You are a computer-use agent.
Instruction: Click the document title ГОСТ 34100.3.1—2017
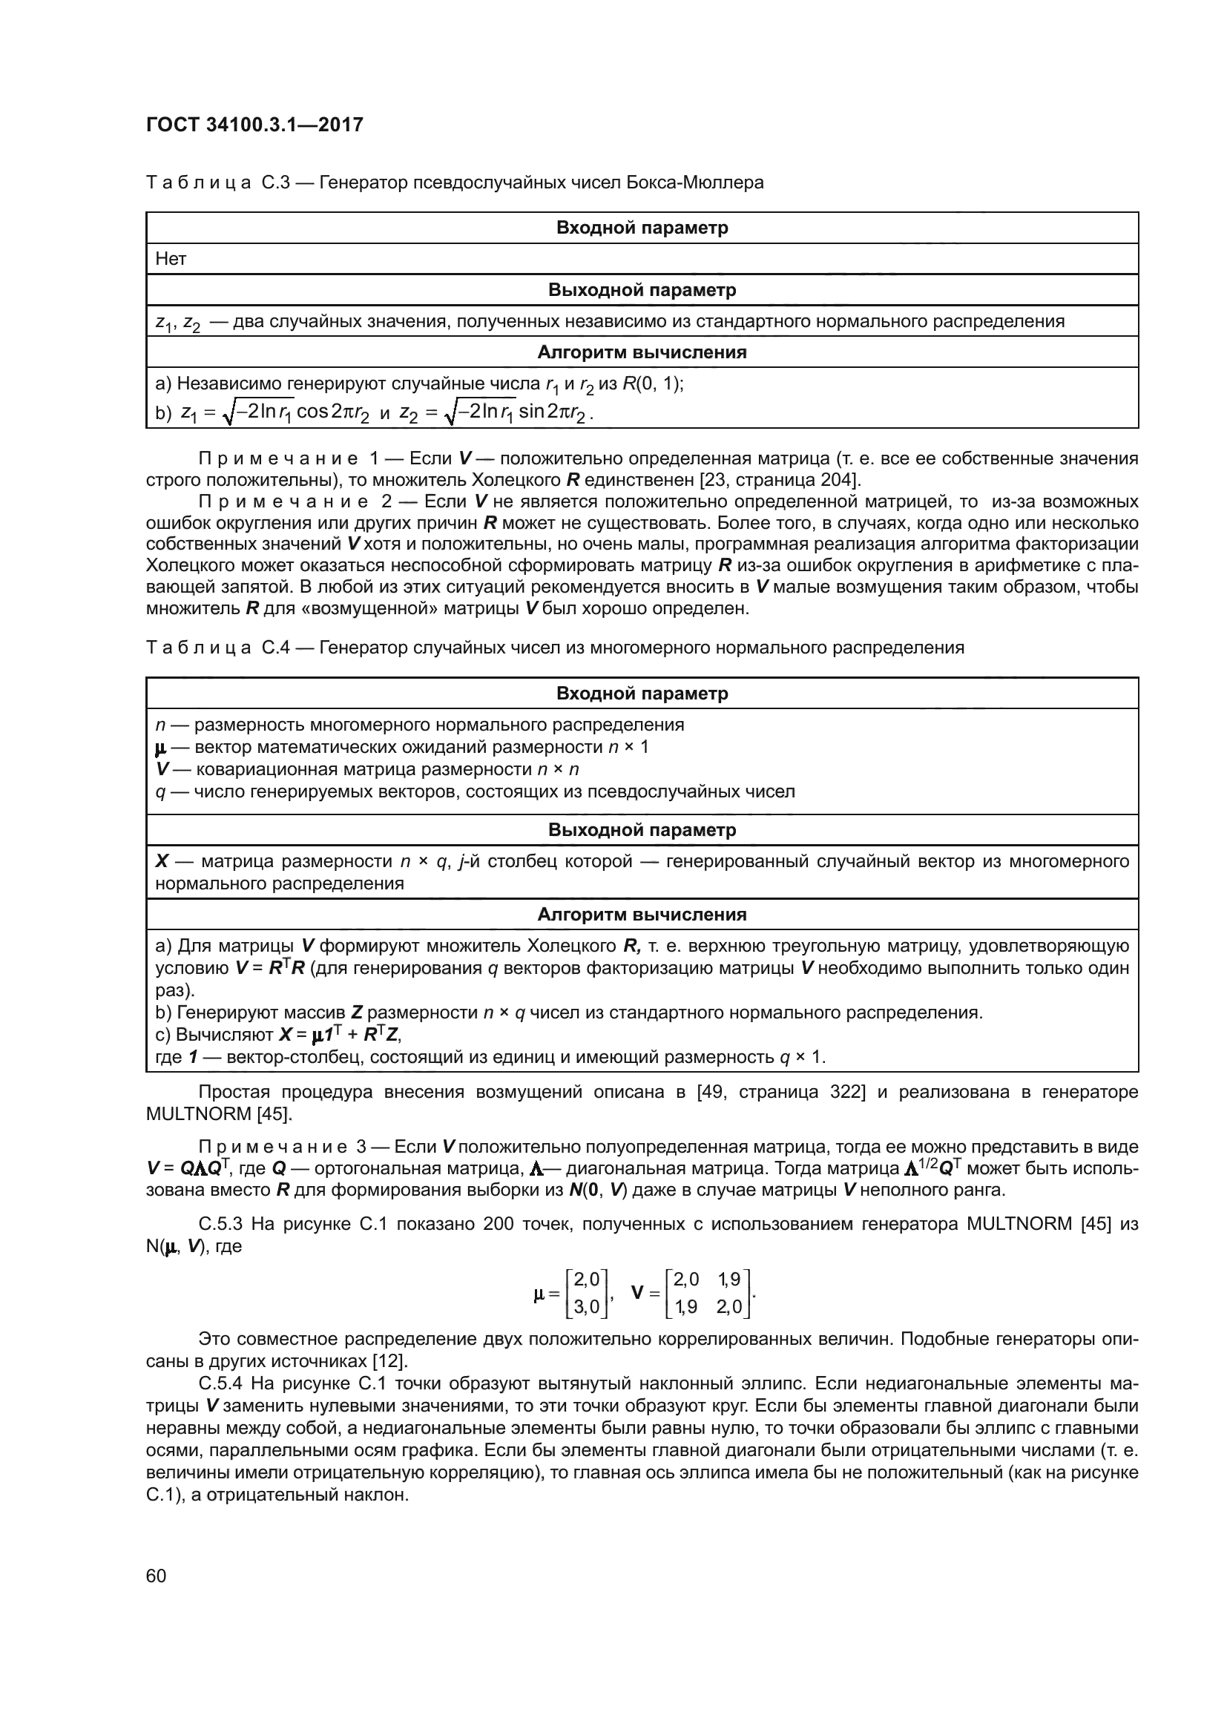(254, 125)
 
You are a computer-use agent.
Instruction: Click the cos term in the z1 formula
(312, 412)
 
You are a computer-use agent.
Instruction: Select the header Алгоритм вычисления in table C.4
(642, 915)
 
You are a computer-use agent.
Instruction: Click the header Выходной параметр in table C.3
(642, 290)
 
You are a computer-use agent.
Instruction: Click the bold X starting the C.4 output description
(162, 861)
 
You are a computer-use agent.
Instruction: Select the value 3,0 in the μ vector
(586, 1306)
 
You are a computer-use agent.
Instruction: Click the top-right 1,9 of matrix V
(730, 1280)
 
